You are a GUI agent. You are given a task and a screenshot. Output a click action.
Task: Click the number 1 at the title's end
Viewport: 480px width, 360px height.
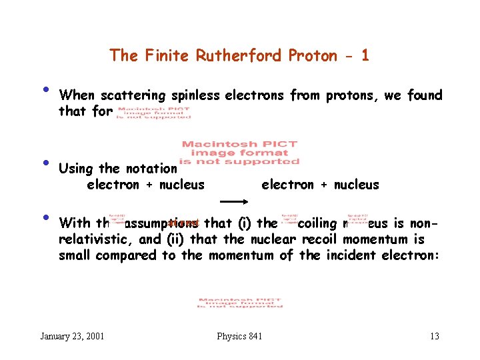[x=364, y=55]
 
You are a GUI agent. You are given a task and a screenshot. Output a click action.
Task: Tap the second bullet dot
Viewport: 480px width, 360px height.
[x=44, y=163]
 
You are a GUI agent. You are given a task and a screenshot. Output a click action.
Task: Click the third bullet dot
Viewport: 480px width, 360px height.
[x=44, y=217]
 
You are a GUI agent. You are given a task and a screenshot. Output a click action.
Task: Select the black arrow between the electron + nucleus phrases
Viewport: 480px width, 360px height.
[x=234, y=200]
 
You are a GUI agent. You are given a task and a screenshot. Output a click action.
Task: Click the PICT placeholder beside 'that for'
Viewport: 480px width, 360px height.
[x=154, y=112]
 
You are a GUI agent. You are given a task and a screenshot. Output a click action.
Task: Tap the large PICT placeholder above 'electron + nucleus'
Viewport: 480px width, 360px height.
[x=240, y=152]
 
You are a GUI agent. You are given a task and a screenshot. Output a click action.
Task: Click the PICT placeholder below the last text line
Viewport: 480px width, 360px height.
[x=240, y=302]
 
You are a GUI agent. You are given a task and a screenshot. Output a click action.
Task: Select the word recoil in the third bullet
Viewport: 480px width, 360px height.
[x=322, y=240]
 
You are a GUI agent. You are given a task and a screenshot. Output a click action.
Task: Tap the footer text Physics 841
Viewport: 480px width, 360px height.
[x=239, y=336]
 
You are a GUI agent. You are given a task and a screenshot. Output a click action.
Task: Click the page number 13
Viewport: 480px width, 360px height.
[x=434, y=336]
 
